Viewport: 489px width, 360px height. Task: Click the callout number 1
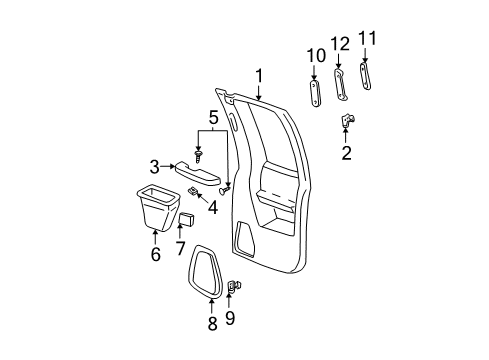[259, 75]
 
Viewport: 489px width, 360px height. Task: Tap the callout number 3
[155, 167]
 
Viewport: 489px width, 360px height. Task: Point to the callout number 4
[212, 207]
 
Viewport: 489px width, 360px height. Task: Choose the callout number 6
[155, 256]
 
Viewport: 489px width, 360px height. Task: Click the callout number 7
[180, 247]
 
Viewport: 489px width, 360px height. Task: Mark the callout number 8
[211, 323]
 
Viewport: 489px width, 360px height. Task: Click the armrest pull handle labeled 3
[198, 174]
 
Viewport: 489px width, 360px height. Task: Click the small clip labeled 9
[234, 290]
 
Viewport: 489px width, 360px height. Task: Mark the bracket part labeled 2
[347, 122]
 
